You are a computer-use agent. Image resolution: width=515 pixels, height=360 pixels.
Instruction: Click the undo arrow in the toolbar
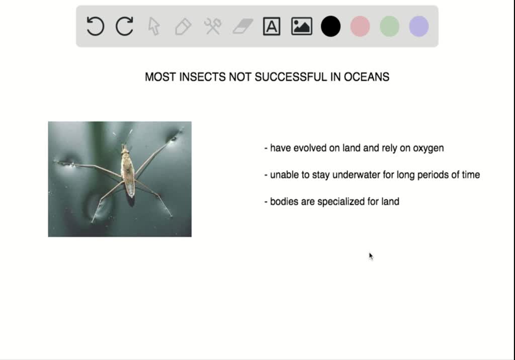click(95, 26)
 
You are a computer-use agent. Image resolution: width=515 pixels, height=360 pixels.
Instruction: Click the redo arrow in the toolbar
click(124, 26)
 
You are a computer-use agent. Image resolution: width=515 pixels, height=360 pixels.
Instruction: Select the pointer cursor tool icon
click(154, 26)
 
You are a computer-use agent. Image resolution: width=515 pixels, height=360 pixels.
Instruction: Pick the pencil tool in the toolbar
click(183, 26)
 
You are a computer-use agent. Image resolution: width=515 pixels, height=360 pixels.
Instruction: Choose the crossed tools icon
click(213, 26)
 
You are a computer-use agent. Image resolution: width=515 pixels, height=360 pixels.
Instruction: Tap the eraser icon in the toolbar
click(242, 26)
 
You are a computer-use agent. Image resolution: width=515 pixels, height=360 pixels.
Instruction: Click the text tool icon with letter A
click(272, 26)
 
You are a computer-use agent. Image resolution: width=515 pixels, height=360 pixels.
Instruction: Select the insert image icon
click(301, 26)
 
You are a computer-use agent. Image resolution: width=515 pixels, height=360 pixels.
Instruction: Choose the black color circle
click(330, 26)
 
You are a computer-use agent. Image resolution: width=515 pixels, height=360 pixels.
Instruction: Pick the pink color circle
click(360, 26)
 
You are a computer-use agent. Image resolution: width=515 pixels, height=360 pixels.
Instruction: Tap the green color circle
click(389, 26)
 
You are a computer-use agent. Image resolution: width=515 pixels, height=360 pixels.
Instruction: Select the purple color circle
click(419, 26)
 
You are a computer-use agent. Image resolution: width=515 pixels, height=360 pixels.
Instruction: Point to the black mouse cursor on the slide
click(371, 256)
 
